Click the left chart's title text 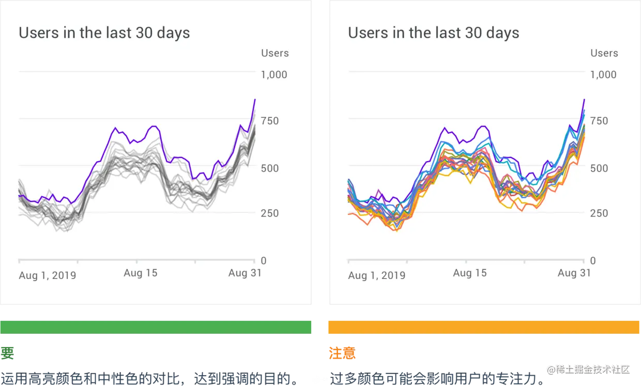pyautogui.click(x=104, y=33)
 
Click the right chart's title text pyautogui.click(x=433, y=33)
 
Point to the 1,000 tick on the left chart pyautogui.click(x=274, y=75)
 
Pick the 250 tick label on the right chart pyautogui.click(x=599, y=213)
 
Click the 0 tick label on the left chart pyautogui.click(x=264, y=261)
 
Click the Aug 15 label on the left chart pyautogui.click(x=140, y=273)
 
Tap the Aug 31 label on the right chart pyautogui.click(x=574, y=273)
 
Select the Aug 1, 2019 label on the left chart pyautogui.click(x=47, y=275)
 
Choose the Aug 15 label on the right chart pyautogui.click(x=469, y=273)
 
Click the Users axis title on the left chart pyautogui.click(x=274, y=53)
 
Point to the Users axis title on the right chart pyautogui.click(x=604, y=53)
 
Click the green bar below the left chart pyautogui.click(x=157, y=327)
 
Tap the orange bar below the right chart pyautogui.click(x=483, y=327)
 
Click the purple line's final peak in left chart pyautogui.click(x=255, y=99)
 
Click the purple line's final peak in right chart pyautogui.click(x=584, y=99)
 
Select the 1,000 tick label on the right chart pyautogui.click(x=603, y=75)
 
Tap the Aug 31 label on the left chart pyautogui.click(x=245, y=273)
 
